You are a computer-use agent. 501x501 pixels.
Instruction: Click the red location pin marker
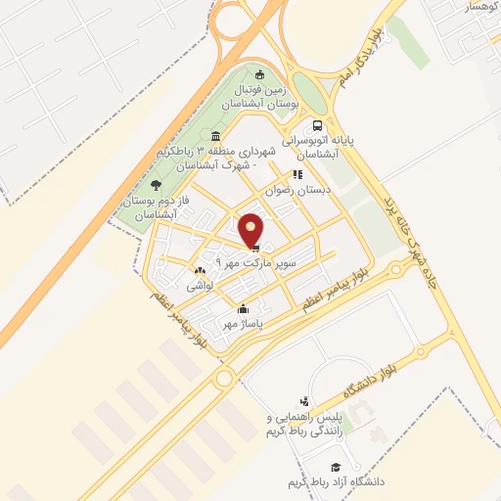point(252,229)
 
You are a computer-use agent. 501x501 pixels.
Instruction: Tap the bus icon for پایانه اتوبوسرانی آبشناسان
point(317,126)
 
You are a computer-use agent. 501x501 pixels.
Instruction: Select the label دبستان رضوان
point(300,190)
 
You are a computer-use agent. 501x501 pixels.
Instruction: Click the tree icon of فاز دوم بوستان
point(156,184)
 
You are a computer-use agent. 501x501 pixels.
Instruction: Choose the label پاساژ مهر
point(244,324)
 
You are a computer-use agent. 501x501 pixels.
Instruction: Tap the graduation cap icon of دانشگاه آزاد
point(335,469)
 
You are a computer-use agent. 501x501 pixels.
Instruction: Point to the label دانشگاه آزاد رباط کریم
point(330,483)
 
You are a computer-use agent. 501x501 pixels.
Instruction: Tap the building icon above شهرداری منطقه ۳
point(215,136)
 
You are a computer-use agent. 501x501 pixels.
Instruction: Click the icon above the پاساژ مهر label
point(244,310)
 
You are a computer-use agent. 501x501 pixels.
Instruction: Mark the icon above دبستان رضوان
point(297,175)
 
